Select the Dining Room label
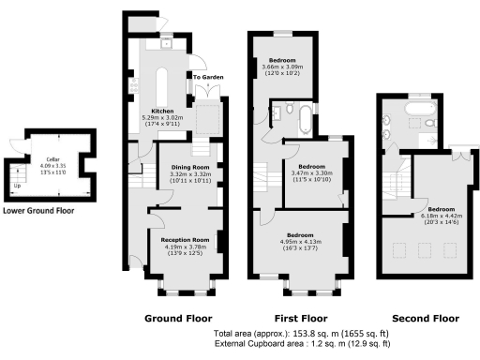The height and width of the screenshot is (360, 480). tap(187, 167)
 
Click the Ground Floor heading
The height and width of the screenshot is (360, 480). tap(178, 318)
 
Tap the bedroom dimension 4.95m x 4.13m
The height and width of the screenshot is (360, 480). tap(300, 241)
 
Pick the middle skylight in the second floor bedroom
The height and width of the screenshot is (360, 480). tap(423, 248)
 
